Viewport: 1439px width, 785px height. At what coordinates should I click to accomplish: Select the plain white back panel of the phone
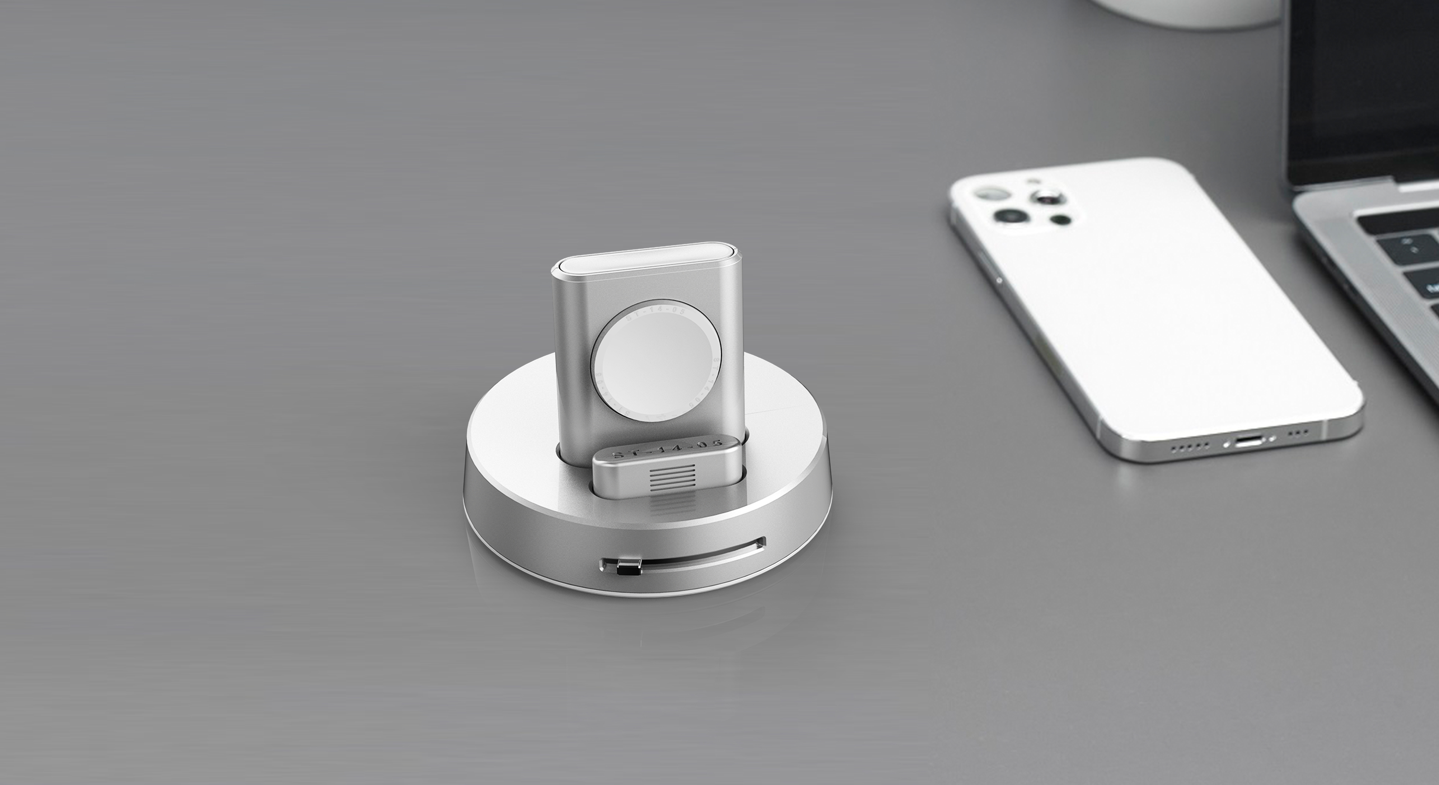pos(1162,313)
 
